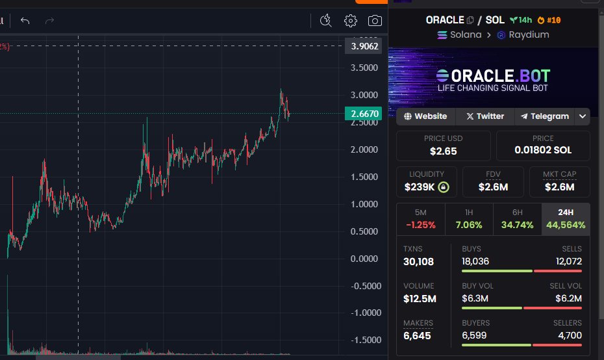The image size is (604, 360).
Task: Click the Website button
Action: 425,116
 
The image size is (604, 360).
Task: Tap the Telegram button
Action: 544,116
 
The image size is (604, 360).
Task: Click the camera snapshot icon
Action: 375,21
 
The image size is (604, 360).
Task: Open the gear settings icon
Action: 351,21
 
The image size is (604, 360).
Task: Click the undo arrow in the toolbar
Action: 25,21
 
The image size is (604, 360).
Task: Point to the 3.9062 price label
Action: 361,46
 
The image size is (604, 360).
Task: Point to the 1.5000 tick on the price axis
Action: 364,177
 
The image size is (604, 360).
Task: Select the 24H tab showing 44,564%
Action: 566,219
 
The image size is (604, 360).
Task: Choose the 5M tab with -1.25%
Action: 421,219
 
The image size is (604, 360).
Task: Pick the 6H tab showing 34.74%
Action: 517,219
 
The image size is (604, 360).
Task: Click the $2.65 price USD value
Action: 443,151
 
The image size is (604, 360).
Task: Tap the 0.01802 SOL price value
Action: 543,150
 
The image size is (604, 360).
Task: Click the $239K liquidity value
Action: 420,187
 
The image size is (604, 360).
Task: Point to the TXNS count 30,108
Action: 418,262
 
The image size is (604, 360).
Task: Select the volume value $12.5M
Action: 420,299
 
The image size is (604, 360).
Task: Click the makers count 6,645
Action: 417,336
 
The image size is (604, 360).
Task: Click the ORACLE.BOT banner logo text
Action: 493,75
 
